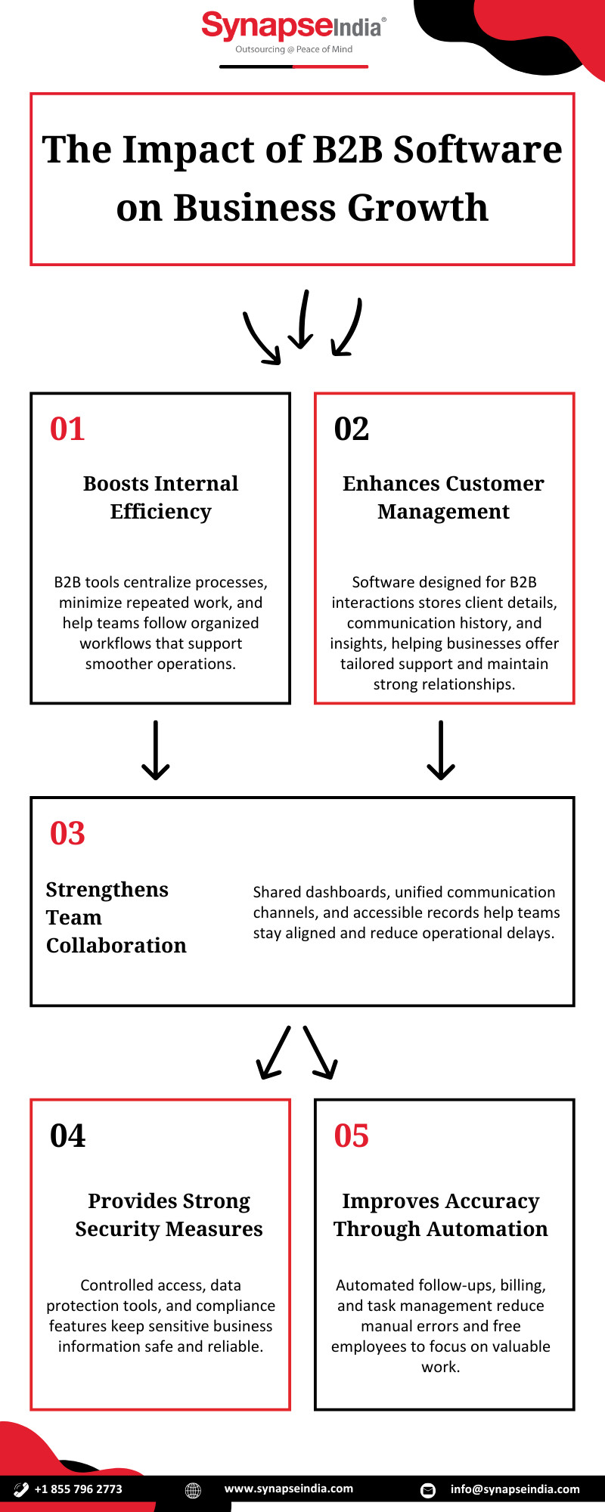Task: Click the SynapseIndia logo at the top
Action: coord(293,33)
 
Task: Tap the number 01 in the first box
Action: coord(67,429)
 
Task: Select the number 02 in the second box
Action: coord(352,429)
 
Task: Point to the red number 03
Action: coord(67,833)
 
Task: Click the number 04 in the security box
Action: coord(67,1136)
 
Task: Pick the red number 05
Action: coord(352,1136)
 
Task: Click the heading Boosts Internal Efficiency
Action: coord(161,497)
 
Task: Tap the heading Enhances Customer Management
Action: coord(444,497)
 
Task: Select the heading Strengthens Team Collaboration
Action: coord(116,917)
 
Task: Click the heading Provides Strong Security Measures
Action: coord(169,1215)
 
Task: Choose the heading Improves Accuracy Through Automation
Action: coord(441,1215)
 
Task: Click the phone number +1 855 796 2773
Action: coord(78,1489)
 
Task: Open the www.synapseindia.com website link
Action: coord(289,1489)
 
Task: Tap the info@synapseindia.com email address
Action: coord(515,1489)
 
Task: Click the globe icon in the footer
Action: coord(193,1490)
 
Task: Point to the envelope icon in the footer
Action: coord(428,1490)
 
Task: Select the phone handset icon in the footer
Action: coord(21,1489)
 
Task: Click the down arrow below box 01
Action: coord(156,750)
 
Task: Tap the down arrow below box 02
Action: coord(441,750)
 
